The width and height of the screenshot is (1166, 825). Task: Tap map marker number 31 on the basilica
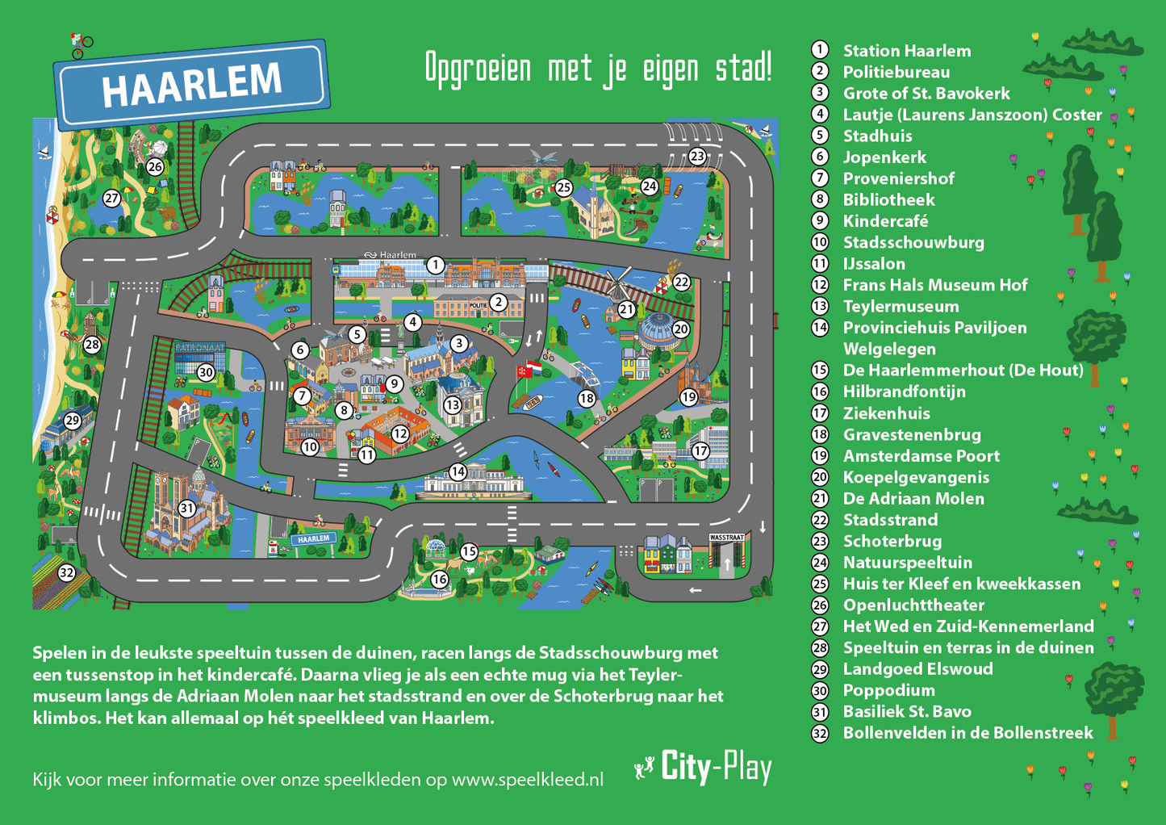pyautogui.click(x=186, y=508)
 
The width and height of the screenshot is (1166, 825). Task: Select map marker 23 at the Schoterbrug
pyautogui.click(x=697, y=156)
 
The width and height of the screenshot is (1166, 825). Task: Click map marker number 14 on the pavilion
pyautogui.click(x=458, y=471)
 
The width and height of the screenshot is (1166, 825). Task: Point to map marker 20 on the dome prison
pyautogui.click(x=681, y=329)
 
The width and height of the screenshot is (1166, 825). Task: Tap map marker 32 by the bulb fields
pyautogui.click(x=66, y=572)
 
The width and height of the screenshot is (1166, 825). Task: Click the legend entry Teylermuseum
pyautogui.click(x=901, y=307)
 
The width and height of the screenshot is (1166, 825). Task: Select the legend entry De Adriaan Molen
pyautogui.click(x=913, y=499)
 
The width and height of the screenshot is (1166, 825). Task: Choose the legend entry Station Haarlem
pyautogui.click(x=906, y=51)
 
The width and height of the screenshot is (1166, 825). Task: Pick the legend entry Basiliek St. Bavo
pyautogui.click(x=907, y=712)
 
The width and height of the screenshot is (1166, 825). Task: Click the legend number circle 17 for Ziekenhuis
pyautogui.click(x=820, y=413)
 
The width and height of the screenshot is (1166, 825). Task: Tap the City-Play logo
pyautogui.click(x=704, y=767)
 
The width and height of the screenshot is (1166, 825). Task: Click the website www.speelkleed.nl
pyautogui.click(x=527, y=780)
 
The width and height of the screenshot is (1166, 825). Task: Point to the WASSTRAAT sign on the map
pyautogui.click(x=726, y=537)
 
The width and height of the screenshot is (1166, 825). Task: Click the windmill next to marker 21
pyautogui.click(x=617, y=283)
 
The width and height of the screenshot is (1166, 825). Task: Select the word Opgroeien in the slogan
pyautogui.click(x=478, y=69)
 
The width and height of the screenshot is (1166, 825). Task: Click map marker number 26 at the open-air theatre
pyautogui.click(x=155, y=167)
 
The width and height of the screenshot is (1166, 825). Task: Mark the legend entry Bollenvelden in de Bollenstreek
pyautogui.click(x=967, y=733)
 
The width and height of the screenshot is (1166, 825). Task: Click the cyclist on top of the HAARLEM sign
pyautogui.click(x=80, y=45)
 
